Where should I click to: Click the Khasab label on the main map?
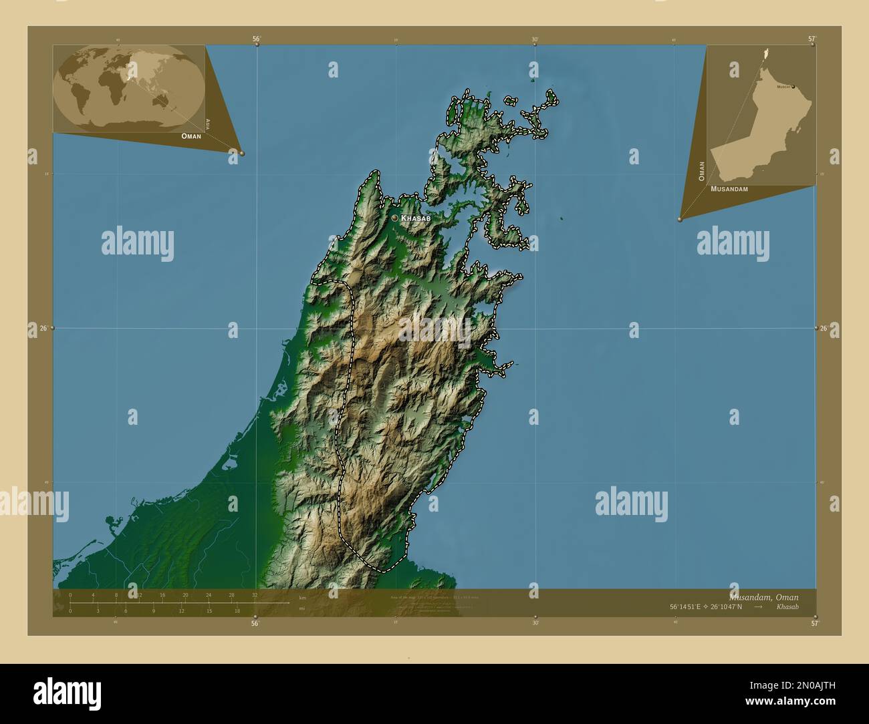click(416, 218)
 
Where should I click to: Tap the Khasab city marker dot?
click(394, 218)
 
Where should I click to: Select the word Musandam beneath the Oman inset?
click(729, 189)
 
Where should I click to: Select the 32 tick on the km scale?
click(255, 595)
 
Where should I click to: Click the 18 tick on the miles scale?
click(237, 610)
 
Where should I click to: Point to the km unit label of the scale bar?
click(302, 597)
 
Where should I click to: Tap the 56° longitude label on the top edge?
click(256, 39)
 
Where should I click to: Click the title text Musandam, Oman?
click(763, 596)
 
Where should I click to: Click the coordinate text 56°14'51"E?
click(691, 607)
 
